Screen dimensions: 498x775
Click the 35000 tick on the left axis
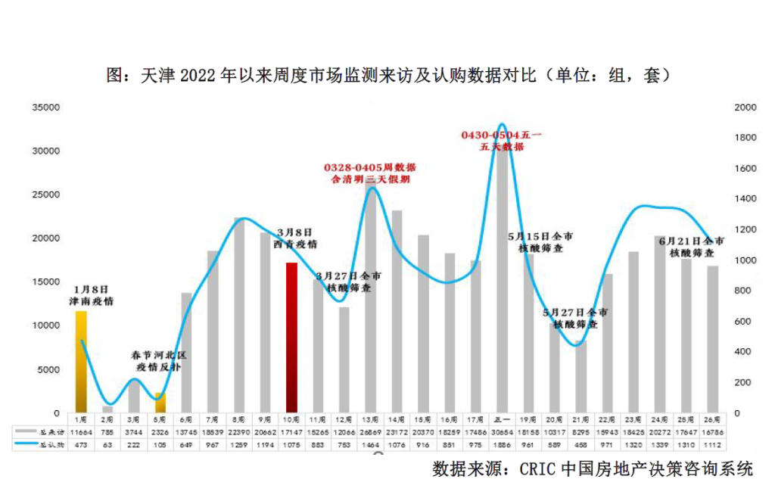(x=45, y=107)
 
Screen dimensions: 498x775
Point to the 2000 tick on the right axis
(x=745, y=107)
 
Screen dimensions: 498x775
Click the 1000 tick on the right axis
(x=745, y=260)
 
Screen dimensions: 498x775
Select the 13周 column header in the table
(x=371, y=419)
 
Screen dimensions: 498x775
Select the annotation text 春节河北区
(x=159, y=355)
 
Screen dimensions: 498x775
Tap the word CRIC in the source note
(x=539, y=469)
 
